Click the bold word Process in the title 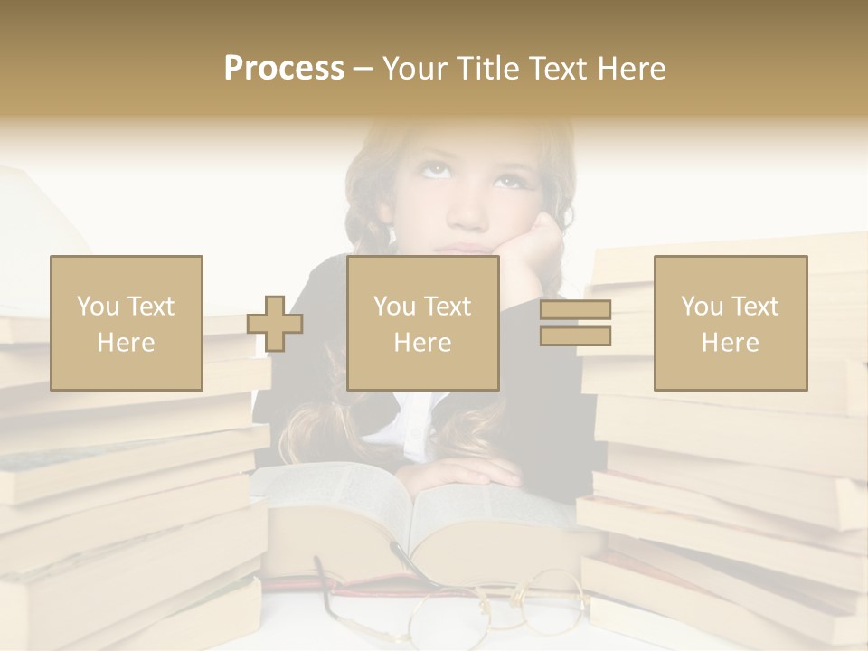[x=284, y=69]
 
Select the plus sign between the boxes [x=275, y=324]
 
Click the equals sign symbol [x=575, y=323]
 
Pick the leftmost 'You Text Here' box [x=127, y=323]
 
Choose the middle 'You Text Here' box [x=423, y=323]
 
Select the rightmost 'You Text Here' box [x=731, y=323]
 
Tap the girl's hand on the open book [x=461, y=475]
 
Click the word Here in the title [x=631, y=69]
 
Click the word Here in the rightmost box [x=731, y=342]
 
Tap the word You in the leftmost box [x=94, y=306]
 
